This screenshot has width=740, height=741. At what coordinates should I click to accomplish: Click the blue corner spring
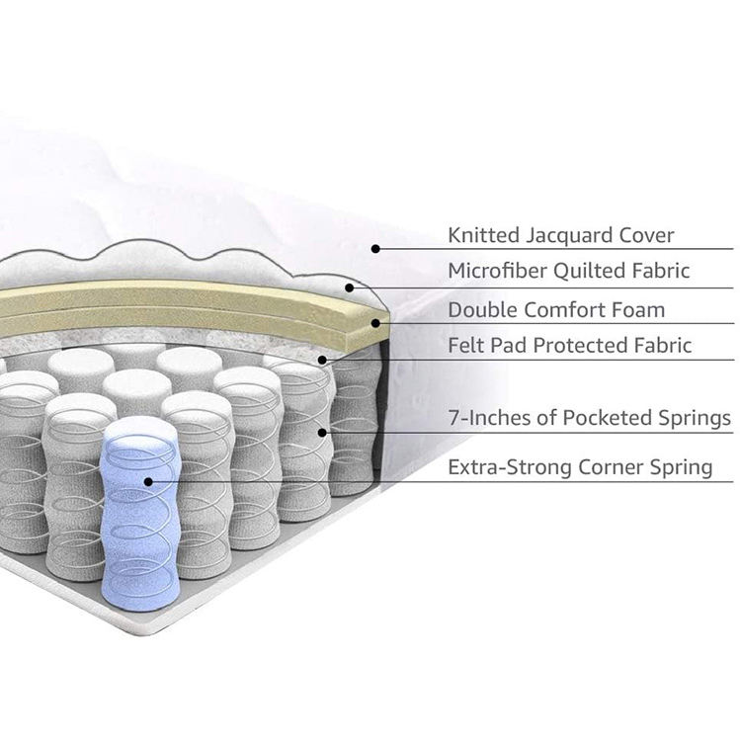click(x=140, y=514)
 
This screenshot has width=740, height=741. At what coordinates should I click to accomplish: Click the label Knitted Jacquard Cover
click(x=561, y=235)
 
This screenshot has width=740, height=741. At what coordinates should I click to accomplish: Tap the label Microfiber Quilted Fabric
click(x=568, y=271)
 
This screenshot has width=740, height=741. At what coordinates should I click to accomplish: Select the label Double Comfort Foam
click(x=556, y=309)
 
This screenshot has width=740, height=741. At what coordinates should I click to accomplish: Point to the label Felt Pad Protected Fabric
click(x=570, y=346)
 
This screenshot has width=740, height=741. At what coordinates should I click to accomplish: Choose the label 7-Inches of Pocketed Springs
click(x=589, y=419)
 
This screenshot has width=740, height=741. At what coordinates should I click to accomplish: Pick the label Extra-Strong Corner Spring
click(x=580, y=467)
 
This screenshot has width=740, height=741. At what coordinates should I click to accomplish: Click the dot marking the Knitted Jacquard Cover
click(x=375, y=249)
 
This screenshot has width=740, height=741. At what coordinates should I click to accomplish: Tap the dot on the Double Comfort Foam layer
click(x=375, y=322)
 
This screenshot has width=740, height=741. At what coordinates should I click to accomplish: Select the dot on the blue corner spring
click(x=148, y=481)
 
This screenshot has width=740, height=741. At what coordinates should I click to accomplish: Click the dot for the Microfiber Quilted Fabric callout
click(x=351, y=288)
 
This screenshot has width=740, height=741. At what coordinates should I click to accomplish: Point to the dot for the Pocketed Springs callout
click(x=322, y=432)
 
